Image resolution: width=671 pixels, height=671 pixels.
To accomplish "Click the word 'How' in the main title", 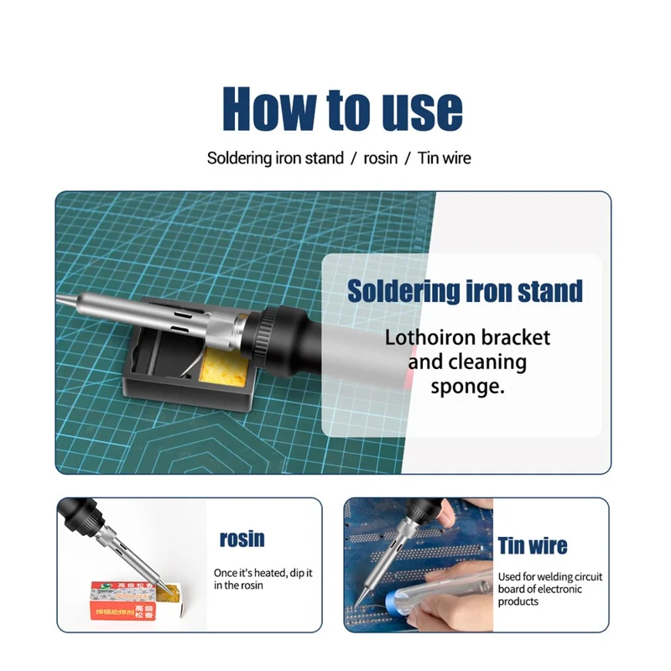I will pos(268,108).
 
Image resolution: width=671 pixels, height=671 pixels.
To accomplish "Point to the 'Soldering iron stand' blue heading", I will pos(465,291).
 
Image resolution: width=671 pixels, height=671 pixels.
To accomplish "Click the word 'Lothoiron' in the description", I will pos(429,338).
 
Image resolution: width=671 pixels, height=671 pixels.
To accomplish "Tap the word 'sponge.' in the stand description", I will pos(467,387).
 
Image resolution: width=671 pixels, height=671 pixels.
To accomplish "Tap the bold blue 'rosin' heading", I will pos(242,538).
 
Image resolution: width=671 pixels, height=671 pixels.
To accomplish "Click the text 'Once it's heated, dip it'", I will pos(263,573).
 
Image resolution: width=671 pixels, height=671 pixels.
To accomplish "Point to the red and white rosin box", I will pos(126,601).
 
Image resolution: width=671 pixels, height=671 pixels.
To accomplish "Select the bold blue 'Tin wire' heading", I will pos(533,546).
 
